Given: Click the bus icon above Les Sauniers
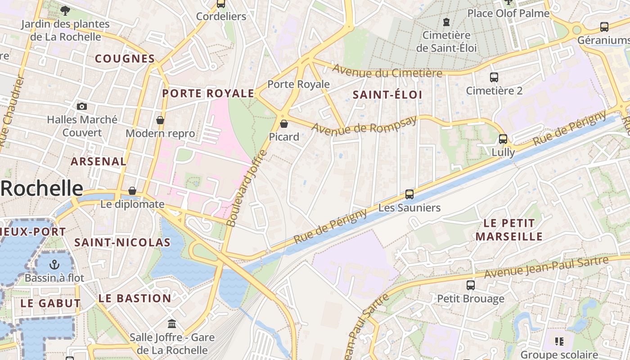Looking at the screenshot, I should click(409, 194).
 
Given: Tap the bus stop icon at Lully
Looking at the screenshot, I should click(503, 139).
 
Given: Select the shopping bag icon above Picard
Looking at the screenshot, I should click(284, 123).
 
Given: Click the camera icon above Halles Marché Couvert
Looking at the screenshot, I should click(81, 106).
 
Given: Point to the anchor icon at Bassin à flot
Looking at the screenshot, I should click(54, 265).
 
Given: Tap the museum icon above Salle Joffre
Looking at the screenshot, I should click(172, 324).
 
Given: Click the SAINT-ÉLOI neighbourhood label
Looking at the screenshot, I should click(387, 95).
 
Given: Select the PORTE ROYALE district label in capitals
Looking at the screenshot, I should click(208, 94).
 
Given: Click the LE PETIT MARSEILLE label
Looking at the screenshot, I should click(509, 229).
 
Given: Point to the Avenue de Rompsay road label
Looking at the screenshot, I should click(364, 125).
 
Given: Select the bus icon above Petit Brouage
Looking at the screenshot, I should click(471, 285).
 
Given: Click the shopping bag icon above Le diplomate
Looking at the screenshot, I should click(132, 191).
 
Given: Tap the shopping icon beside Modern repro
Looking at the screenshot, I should click(160, 120).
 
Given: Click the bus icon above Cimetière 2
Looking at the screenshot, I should click(494, 77).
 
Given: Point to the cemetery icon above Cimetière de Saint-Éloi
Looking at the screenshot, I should click(446, 22).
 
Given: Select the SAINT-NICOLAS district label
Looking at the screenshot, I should click(122, 243).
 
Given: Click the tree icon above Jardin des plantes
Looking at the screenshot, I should click(65, 10).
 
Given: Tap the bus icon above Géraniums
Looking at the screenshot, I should click(604, 27).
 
